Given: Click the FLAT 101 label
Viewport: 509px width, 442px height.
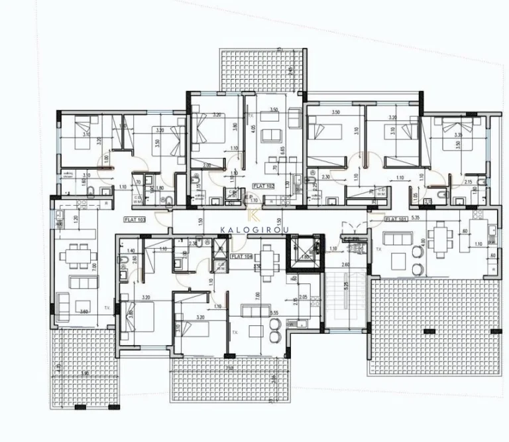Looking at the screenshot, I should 396,218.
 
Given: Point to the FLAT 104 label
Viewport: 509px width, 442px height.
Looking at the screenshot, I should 241,255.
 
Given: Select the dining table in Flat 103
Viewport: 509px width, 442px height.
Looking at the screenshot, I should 75,254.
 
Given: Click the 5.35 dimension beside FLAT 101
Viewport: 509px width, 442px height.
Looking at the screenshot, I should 416,217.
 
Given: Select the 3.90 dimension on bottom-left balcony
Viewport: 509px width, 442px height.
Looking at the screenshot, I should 84,374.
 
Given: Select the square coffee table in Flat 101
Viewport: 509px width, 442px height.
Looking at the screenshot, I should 398,258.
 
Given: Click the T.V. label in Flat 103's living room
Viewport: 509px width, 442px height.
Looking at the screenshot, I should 107,308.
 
